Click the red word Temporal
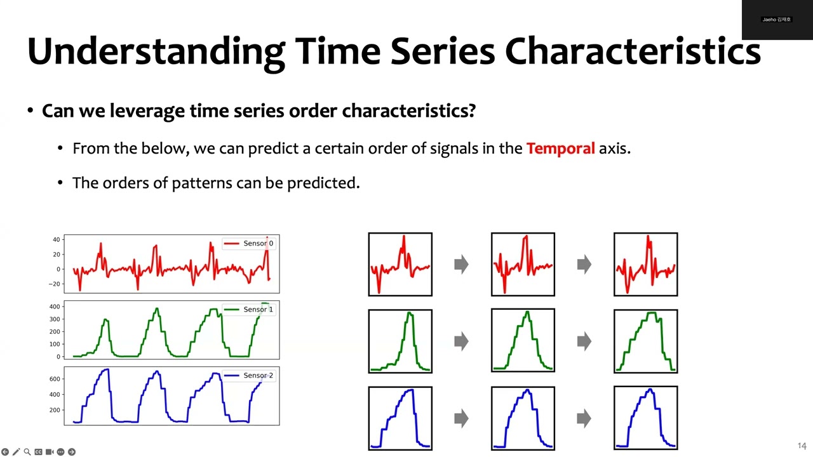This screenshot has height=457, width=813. pyautogui.click(x=560, y=149)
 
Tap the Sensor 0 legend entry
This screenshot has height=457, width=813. pyautogui.click(x=250, y=244)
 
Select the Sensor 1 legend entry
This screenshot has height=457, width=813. pyautogui.click(x=250, y=310)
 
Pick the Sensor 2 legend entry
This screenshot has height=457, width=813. pyautogui.click(x=250, y=376)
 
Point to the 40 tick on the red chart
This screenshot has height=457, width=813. pyautogui.click(x=57, y=240)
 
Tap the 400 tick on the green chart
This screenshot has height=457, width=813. pyautogui.click(x=55, y=307)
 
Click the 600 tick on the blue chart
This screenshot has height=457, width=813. pyautogui.click(x=55, y=380)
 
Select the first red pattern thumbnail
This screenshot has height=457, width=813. pyautogui.click(x=400, y=265)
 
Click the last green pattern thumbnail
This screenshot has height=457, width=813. pyautogui.click(x=645, y=341)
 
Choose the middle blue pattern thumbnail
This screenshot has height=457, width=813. pyautogui.click(x=523, y=418)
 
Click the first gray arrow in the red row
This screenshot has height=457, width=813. pyautogui.click(x=461, y=264)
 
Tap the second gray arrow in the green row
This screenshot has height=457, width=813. pyautogui.click(x=584, y=341)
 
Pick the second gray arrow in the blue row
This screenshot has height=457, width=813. pyautogui.click(x=584, y=418)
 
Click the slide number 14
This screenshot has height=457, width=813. pyautogui.click(x=802, y=446)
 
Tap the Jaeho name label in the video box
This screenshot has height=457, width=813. pyautogui.click(x=776, y=20)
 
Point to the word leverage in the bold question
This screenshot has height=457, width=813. pyautogui.click(x=147, y=111)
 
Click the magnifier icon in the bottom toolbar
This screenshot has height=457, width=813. pyautogui.click(x=27, y=452)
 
